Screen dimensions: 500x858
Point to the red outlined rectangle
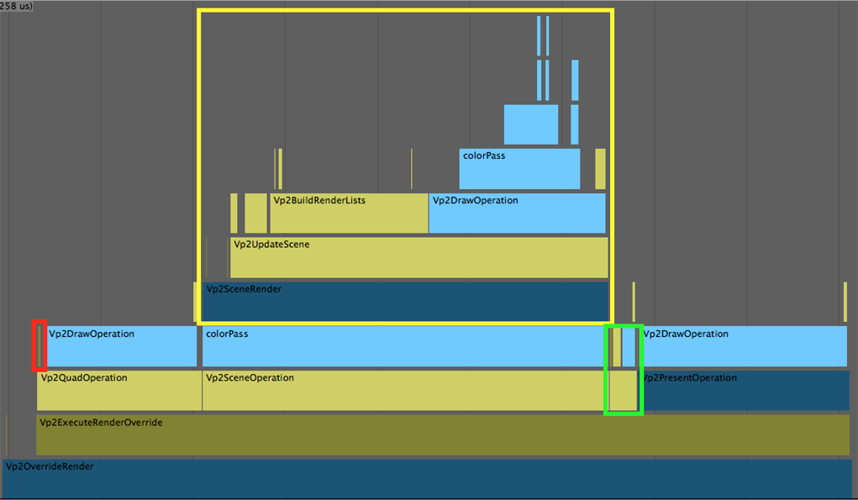39,345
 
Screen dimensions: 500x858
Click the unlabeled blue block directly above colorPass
531,124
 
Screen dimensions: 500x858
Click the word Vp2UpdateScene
271,245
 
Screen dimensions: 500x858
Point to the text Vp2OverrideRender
50,466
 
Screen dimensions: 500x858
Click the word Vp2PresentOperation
690,378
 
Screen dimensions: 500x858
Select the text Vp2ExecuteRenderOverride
101,422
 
